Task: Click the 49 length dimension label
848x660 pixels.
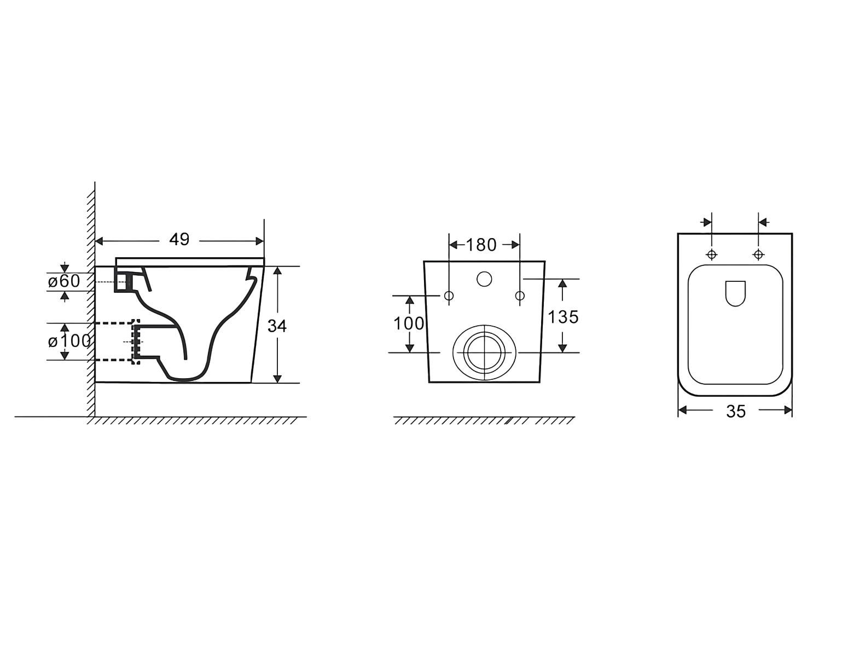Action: tap(179, 239)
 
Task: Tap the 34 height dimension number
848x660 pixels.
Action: tap(277, 326)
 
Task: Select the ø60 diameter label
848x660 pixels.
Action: tap(64, 281)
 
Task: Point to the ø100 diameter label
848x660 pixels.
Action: tap(69, 341)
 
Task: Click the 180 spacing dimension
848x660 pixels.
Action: tap(481, 245)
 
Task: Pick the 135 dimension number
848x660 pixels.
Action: tap(563, 317)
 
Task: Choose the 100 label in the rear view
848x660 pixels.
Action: tap(409, 323)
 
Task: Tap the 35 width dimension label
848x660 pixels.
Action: tap(736, 412)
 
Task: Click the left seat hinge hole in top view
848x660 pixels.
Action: tap(712, 255)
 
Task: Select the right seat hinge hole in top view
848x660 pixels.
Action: tap(758, 255)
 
